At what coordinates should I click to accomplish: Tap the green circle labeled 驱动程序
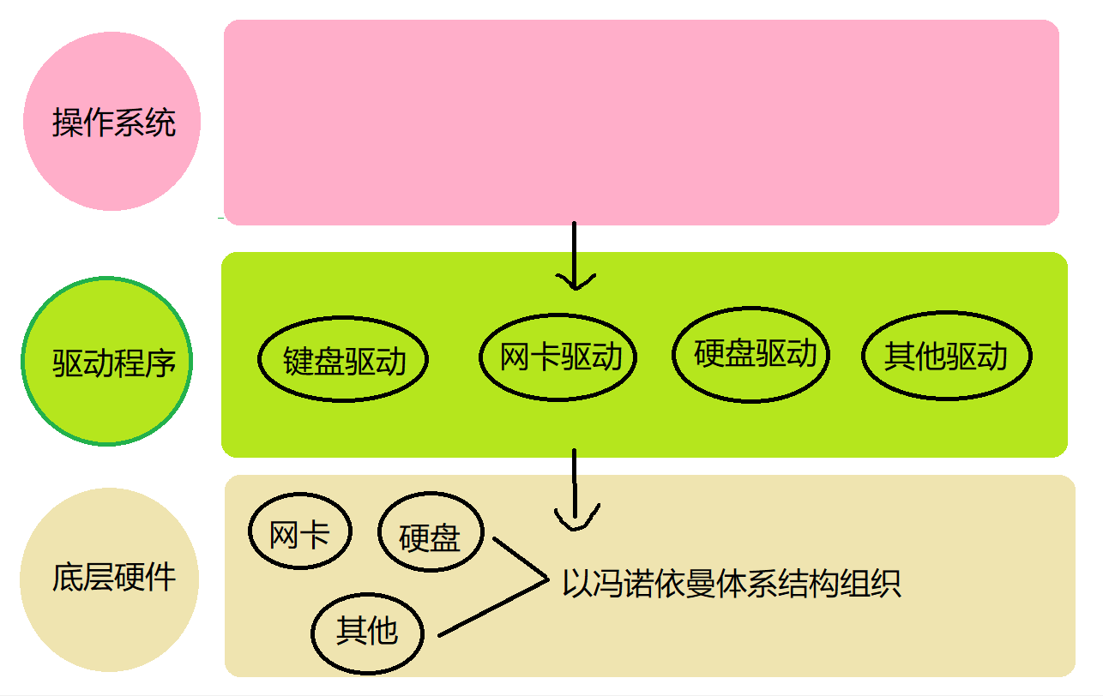click(107, 361)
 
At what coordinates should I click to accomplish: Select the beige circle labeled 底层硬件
click(110, 577)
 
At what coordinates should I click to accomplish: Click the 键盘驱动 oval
click(343, 361)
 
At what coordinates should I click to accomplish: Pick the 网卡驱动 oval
click(558, 357)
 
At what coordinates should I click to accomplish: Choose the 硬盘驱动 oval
click(751, 353)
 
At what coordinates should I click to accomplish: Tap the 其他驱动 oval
click(946, 357)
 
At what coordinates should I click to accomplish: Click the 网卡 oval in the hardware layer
click(300, 535)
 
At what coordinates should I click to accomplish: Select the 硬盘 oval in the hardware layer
click(431, 537)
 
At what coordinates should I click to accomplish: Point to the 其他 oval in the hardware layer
click(367, 632)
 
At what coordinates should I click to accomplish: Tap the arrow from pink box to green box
click(575, 253)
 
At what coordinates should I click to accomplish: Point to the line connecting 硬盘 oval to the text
click(520, 560)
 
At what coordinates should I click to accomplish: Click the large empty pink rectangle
click(642, 123)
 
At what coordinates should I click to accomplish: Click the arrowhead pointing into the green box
click(575, 279)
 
